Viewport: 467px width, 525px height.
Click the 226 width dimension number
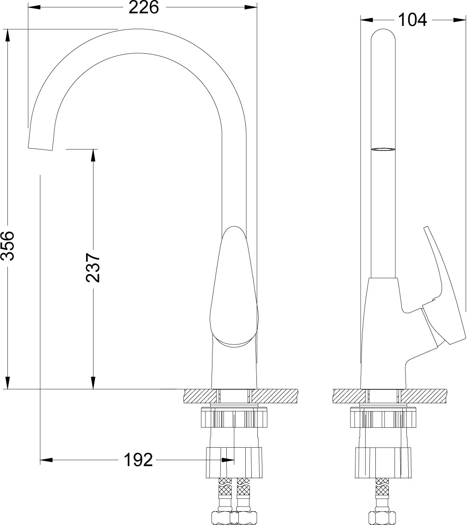[x=143, y=8]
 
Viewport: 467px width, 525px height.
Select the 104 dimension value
[x=412, y=20]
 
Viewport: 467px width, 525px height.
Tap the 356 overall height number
[x=7, y=245]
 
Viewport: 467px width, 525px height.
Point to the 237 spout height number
[x=93, y=268]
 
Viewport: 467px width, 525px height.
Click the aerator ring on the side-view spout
[x=383, y=149]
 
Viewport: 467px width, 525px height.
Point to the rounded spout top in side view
[x=383, y=37]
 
